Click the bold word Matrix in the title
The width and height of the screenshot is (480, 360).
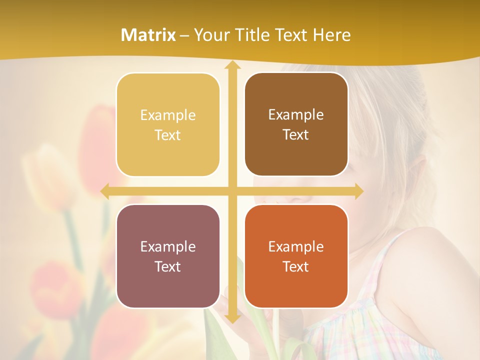pyautogui.click(x=148, y=35)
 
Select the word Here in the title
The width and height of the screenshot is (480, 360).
pyautogui.click(x=332, y=35)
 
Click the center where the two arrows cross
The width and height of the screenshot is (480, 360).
pyautogui.click(x=232, y=191)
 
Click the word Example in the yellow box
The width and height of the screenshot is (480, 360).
pyautogui.click(x=168, y=115)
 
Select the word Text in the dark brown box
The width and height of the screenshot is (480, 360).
pyautogui.click(x=296, y=135)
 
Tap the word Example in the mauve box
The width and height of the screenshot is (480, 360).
pyautogui.click(x=168, y=246)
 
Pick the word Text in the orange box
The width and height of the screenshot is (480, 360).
pyautogui.click(x=296, y=266)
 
